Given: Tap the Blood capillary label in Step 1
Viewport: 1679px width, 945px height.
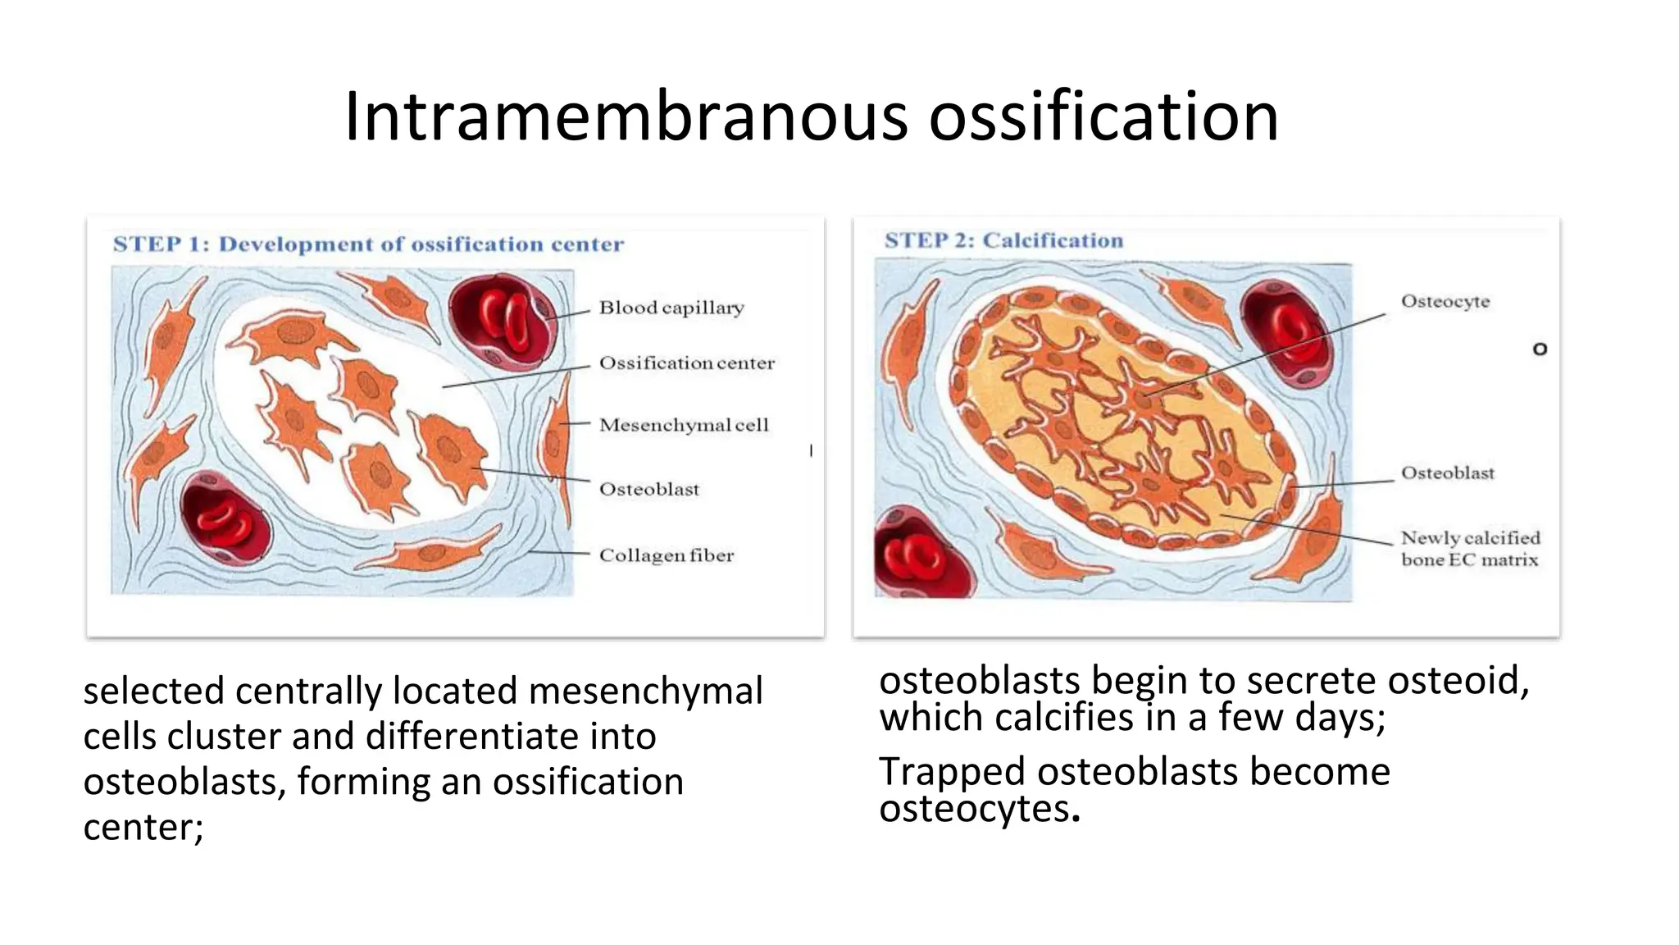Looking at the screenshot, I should (671, 308).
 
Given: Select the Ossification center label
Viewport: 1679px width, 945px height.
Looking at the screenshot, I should (686, 363).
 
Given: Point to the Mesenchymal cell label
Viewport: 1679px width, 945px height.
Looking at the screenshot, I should (684, 425).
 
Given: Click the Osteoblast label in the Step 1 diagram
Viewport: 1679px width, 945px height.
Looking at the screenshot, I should (649, 490).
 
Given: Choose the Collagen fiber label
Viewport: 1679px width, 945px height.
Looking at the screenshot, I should (666, 555).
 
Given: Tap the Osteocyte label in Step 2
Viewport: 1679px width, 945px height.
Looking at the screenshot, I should (1445, 301).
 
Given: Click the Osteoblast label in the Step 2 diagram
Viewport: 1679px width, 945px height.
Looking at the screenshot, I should (1447, 472).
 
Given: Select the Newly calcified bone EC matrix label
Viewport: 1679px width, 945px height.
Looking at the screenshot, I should (1470, 549).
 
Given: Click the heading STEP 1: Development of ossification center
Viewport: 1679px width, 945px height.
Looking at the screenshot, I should (368, 244).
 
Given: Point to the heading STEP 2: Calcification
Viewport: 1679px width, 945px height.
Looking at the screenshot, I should (1003, 240).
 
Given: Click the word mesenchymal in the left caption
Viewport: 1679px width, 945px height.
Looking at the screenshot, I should (645, 691).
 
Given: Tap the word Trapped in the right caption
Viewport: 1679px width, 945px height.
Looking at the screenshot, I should (951, 772).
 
